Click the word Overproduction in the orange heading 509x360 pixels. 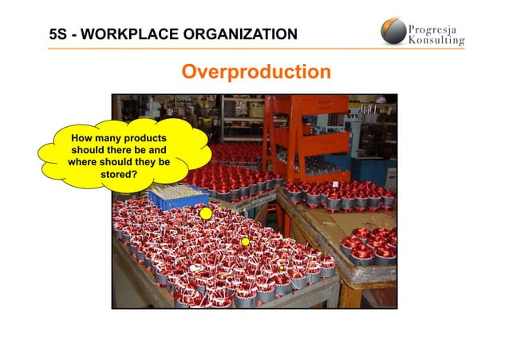click(255, 73)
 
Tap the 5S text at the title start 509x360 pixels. click(58, 34)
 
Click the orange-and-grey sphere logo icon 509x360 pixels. click(393, 32)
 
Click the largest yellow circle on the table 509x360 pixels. click(206, 213)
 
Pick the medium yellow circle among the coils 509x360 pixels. click(246, 241)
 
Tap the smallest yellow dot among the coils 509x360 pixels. click(280, 267)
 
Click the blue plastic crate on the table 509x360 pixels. click(179, 194)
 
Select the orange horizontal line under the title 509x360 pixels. click(255, 49)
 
